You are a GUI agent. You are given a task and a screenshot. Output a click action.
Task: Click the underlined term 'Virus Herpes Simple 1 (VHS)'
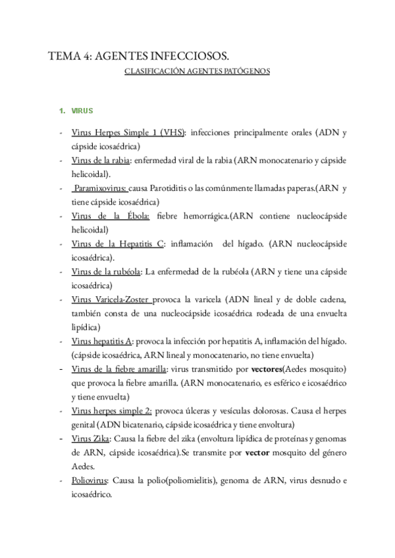pyautogui.click(x=128, y=132)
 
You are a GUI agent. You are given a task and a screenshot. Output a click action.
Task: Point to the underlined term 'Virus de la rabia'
pyautogui.click(x=99, y=161)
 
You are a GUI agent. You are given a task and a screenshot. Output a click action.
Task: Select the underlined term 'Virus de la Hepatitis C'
pyautogui.click(x=118, y=243)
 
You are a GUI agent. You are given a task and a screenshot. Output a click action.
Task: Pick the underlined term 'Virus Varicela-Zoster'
pyautogui.click(x=113, y=299)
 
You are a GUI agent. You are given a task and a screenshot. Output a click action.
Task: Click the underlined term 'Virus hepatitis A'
pyautogui.click(x=102, y=341)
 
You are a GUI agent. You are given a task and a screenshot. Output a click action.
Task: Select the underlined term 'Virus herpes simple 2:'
pyautogui.click(x=112, y=411)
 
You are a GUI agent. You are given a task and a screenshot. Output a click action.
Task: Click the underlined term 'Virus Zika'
pyautogui.click(x=91, y=438)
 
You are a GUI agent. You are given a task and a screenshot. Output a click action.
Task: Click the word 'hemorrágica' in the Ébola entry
pyautogui.click(x=211, y=216)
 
